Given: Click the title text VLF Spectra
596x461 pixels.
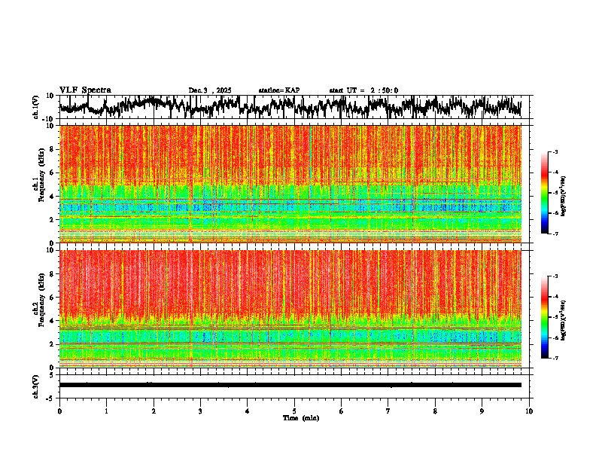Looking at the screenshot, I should (85, 90).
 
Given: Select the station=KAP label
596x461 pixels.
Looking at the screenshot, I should (278, 90).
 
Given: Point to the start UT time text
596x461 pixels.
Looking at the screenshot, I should (363, 90).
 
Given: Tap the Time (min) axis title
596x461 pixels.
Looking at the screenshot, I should (300, 417).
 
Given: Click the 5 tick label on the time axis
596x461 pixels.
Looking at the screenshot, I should (294, 411).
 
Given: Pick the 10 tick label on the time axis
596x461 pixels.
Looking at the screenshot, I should (529, 411).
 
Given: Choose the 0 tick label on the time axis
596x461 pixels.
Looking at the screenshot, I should (59, 411).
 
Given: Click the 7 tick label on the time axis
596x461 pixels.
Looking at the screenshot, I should (388, 411).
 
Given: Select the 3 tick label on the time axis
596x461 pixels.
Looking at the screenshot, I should (200, 411).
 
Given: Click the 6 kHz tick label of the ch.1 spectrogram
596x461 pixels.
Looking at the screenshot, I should (52, 172).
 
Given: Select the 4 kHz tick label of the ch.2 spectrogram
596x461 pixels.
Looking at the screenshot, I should (52, 320).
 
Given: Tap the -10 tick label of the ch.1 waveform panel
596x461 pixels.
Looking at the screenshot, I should (49, 119).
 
